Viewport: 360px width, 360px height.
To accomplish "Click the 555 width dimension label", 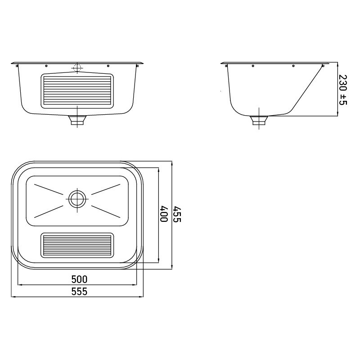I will pyautogui.click(x=79, y=292).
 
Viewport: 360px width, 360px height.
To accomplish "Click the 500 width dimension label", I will pyautogui.click(x=79, y=279).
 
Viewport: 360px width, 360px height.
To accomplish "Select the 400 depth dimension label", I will pyautogui.click(x=164, y=214).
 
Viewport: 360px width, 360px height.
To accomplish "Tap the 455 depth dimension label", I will pyautogui.click(x=177, y=214).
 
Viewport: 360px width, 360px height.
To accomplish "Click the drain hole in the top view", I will pyautogui.click(x=77, y=198).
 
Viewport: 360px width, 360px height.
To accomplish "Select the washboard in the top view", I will pyautogui.click(x=77, y=245).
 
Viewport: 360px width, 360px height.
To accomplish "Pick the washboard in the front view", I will pyautogui.click(x=77, y=91).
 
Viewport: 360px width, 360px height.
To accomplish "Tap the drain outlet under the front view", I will pyautogui.click(x=77, y=121).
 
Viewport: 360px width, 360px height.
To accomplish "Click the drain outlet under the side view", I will pyautogui.click(x=259, y=120).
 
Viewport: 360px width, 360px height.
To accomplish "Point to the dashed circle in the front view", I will pyautogui.click(x=77, y=68).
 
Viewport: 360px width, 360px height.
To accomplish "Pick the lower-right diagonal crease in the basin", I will pyautogui.click(x=106, y=209).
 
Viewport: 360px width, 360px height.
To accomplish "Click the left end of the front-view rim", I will pyautogui.click(x=13, y=63).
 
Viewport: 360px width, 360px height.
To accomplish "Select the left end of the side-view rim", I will pyautogui.click(x=222, y=63).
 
